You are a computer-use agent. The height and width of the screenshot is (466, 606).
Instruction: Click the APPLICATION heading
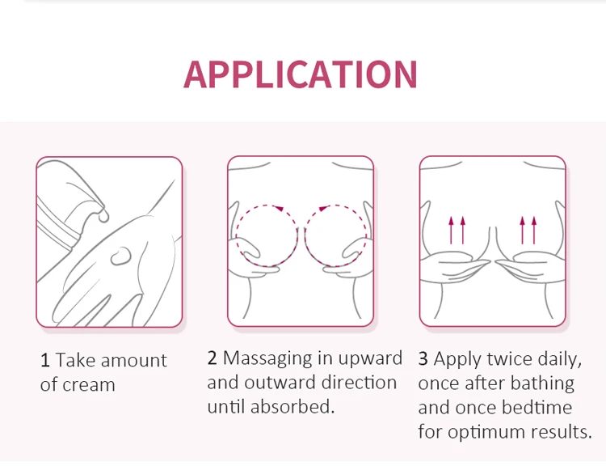click(x=301, y=74)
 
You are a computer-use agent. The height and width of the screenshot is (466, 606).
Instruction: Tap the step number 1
click(x=45, y=361)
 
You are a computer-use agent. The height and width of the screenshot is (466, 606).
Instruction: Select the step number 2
click(x=213, y=358)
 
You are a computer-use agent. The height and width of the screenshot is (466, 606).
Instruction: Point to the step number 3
click(x=423, y=359)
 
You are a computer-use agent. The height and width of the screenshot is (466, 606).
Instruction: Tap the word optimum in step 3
click(x=485, y=431)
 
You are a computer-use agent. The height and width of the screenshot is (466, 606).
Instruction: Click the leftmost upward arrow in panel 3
click(x=451, y=230)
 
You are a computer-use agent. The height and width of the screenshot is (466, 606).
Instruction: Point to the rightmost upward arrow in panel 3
click(x=534, y=230)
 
